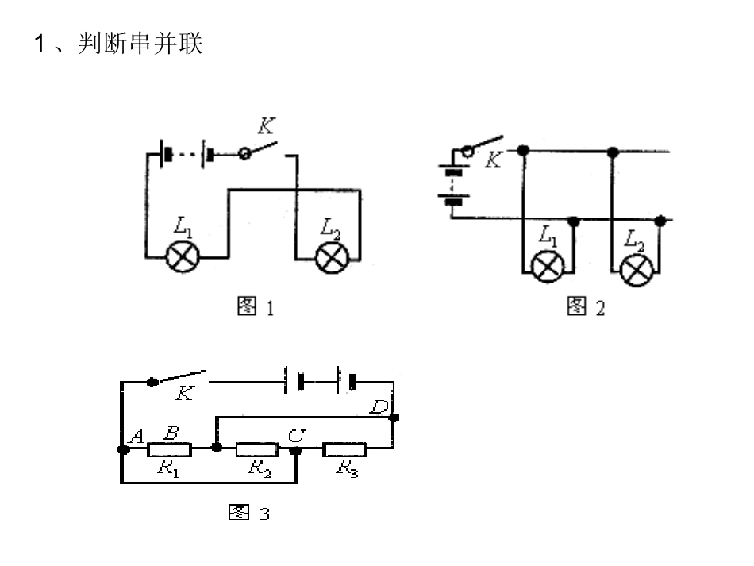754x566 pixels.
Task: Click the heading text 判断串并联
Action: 140,44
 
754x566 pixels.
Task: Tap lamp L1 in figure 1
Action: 183,256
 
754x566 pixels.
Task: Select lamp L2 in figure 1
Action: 332,258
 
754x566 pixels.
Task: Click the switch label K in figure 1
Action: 266,126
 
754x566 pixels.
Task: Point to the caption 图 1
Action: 256,306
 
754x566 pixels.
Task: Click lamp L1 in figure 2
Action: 547,267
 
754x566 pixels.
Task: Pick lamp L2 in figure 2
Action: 637,270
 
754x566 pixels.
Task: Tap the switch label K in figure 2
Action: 494,160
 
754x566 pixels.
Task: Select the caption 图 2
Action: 586,306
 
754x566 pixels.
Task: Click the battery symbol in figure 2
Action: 453,185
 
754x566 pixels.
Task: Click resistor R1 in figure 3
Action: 169,449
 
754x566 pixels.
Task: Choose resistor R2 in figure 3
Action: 257,449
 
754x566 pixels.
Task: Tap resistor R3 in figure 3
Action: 345,449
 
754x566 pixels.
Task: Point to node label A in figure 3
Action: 137,437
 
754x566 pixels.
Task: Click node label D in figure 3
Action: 379,406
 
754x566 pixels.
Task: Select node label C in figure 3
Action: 296,435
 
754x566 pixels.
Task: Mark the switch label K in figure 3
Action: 185,394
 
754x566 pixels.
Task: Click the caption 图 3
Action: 249,513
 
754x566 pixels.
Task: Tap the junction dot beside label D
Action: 394,418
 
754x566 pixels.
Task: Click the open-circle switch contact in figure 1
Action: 244,154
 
